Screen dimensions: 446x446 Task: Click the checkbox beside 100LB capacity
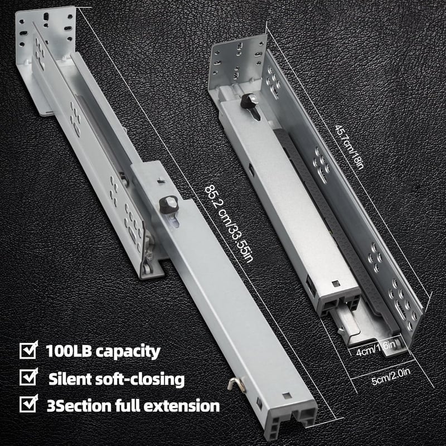click(x=28, y=350)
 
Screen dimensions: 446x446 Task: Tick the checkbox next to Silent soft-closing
click(x=28, y=377)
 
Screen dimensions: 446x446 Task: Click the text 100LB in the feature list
click(x=69, y=351)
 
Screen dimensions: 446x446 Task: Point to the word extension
click(x=182, y=406)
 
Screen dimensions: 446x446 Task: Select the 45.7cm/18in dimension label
click(x=349, y=147)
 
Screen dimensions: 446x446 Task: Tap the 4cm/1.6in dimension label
click(x=376, y=349)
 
